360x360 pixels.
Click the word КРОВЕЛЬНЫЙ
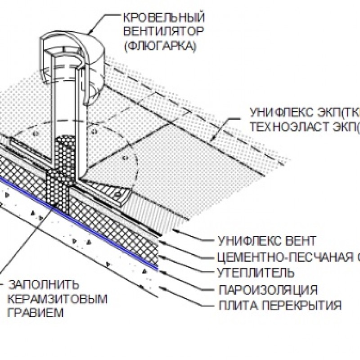(x=164, y=18)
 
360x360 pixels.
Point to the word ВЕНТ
(x=300, y=240)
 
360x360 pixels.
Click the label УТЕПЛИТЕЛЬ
(x=256, y=272)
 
